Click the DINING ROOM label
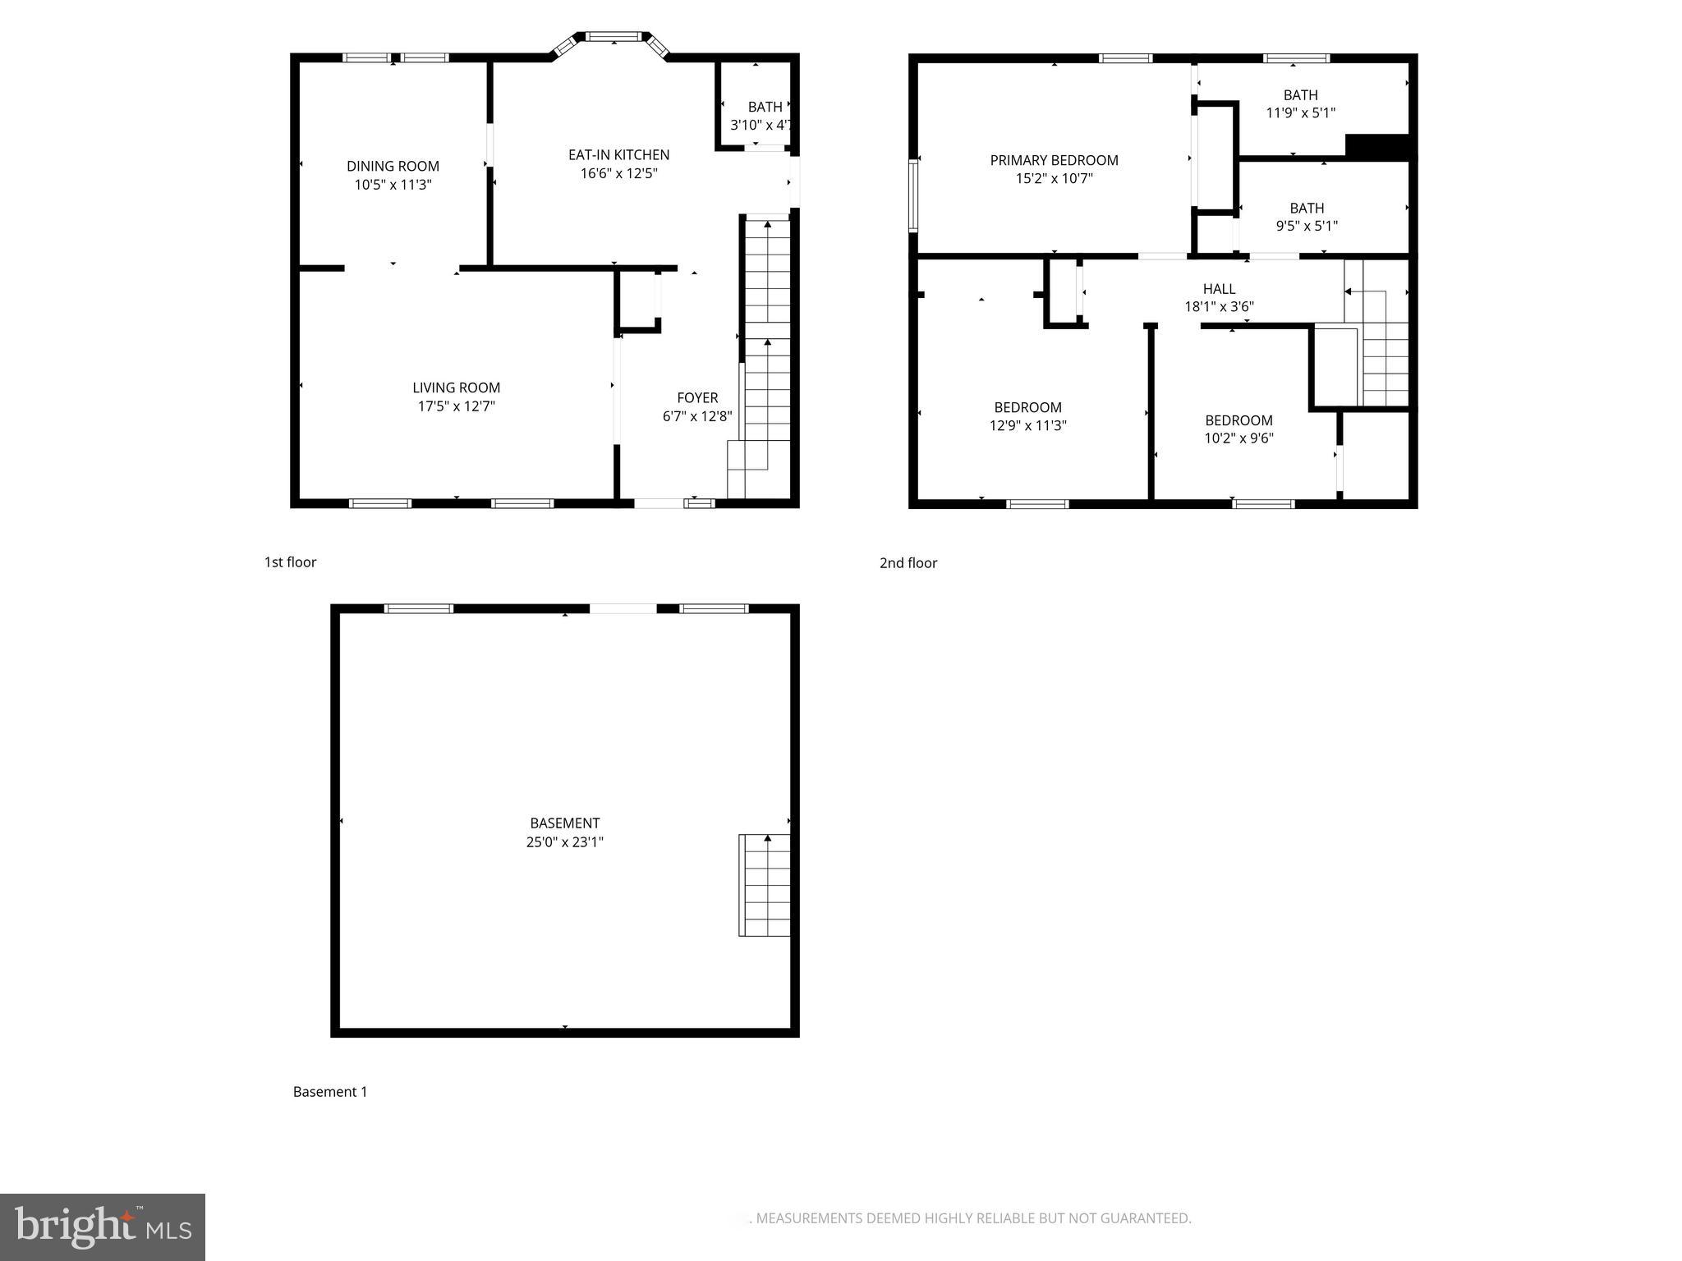[393, 166]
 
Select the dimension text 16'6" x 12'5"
[618, 173]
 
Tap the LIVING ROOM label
[456, 387]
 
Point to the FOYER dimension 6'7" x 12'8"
[696, 416]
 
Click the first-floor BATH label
[765, 107]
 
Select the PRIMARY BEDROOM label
[1054, 160]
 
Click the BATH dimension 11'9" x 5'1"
[1300, 113]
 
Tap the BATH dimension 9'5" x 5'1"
[1306, 226]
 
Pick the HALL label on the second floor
[1219, 289]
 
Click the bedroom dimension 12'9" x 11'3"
[1027, 425]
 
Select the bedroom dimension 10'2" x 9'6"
[1239, 438]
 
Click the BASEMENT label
[564, 823]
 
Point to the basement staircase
[765, 885]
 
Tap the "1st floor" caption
[290, 562]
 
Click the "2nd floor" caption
[908, 563]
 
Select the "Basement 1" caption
[330, 1092]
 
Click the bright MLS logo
[103, 1227]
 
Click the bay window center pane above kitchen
[611, 36]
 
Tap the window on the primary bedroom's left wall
[912, 195]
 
